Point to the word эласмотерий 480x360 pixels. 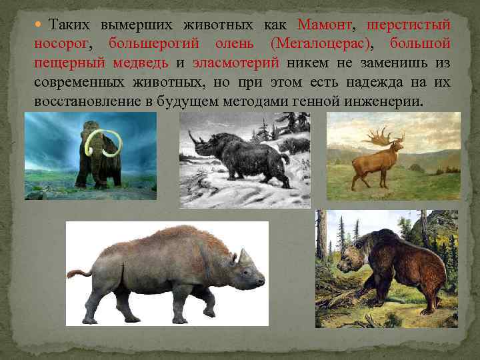coord(231,63)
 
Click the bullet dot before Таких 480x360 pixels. coord(39,25)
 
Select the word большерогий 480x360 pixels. coord(159,44)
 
